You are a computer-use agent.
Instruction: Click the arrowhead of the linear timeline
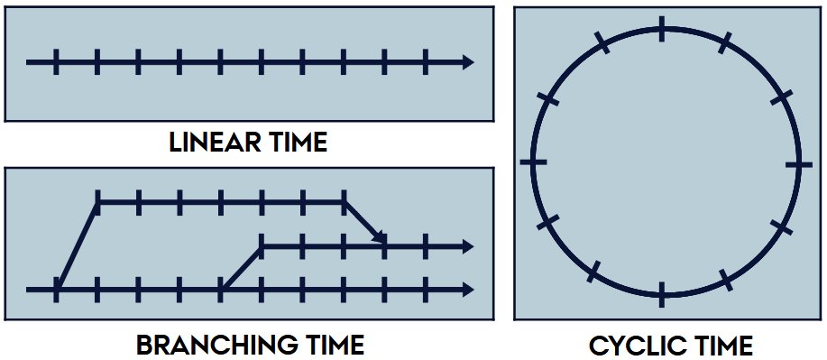click(x=467, y=62)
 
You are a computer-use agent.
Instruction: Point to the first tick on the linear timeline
click(x=56, y=62)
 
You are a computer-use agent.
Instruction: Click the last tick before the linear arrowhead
click(x=426, y=62)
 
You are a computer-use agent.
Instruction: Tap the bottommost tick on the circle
click(x=663, y=295)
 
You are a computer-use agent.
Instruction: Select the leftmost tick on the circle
click(x=533, y=162)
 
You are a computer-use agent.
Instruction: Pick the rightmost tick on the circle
click(x=794, y=164)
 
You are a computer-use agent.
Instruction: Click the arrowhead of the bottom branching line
click(x=467, y=290)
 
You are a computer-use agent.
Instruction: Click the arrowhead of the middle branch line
click(x=467, y=246)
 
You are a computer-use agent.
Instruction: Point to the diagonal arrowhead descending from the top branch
click(x=381, y=239)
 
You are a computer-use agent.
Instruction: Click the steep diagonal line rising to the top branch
click(x=78, y=245)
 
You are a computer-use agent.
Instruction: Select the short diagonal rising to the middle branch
click(x=242, y=268)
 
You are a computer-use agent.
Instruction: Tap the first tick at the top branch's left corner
click(x=97, y=203)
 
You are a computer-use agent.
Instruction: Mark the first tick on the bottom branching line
click(x=56, y=290)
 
